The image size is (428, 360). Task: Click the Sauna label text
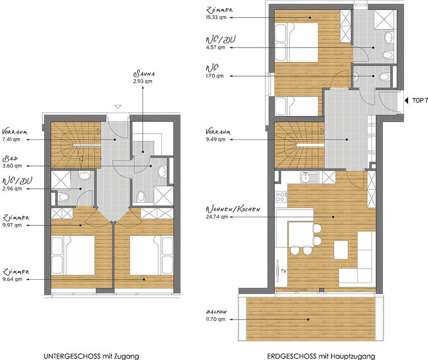(x=144, y=73)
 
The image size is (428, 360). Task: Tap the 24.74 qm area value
(x=217, y=217)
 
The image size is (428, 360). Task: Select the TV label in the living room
(x=283, y=271)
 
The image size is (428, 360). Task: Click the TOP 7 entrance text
(x=420, y=100)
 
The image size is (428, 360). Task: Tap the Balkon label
(x=216, y=311)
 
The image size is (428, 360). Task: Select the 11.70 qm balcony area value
(x=215, y=319)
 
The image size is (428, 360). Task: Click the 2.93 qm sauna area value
(x=143, y=81)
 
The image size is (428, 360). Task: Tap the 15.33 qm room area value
(x=216, y=18)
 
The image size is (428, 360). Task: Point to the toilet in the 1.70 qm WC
(x=384, y=77)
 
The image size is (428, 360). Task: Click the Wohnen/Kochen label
(x=233, y=209)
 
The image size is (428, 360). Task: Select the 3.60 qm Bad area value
(x=12, y=165)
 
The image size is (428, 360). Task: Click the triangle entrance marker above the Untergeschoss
(x=117, y=107)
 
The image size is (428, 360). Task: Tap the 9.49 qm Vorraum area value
(x=215, y=139)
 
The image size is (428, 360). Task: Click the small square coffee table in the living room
(x=341, y=250)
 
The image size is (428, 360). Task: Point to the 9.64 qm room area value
(x=12, y=279)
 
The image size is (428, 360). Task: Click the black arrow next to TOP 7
(x=407, y=100)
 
